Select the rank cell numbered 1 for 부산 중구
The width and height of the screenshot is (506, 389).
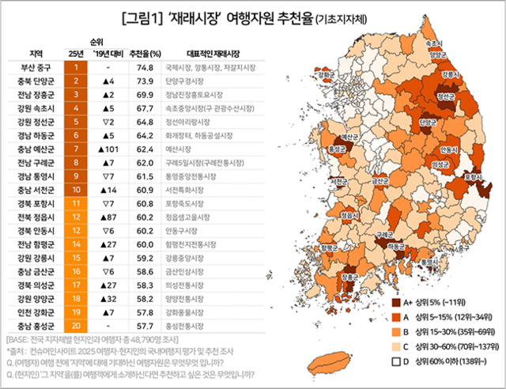coord(77,69)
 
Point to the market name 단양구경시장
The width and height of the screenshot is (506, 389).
coord(190,81)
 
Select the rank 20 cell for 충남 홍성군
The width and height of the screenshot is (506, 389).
coord(77,325)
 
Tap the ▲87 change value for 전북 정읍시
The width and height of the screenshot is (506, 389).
coord(108,215)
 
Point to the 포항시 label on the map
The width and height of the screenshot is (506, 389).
coord(474,179)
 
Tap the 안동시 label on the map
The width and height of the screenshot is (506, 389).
coord(447,149)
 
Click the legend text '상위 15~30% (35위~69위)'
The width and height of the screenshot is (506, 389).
coord(453,332)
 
